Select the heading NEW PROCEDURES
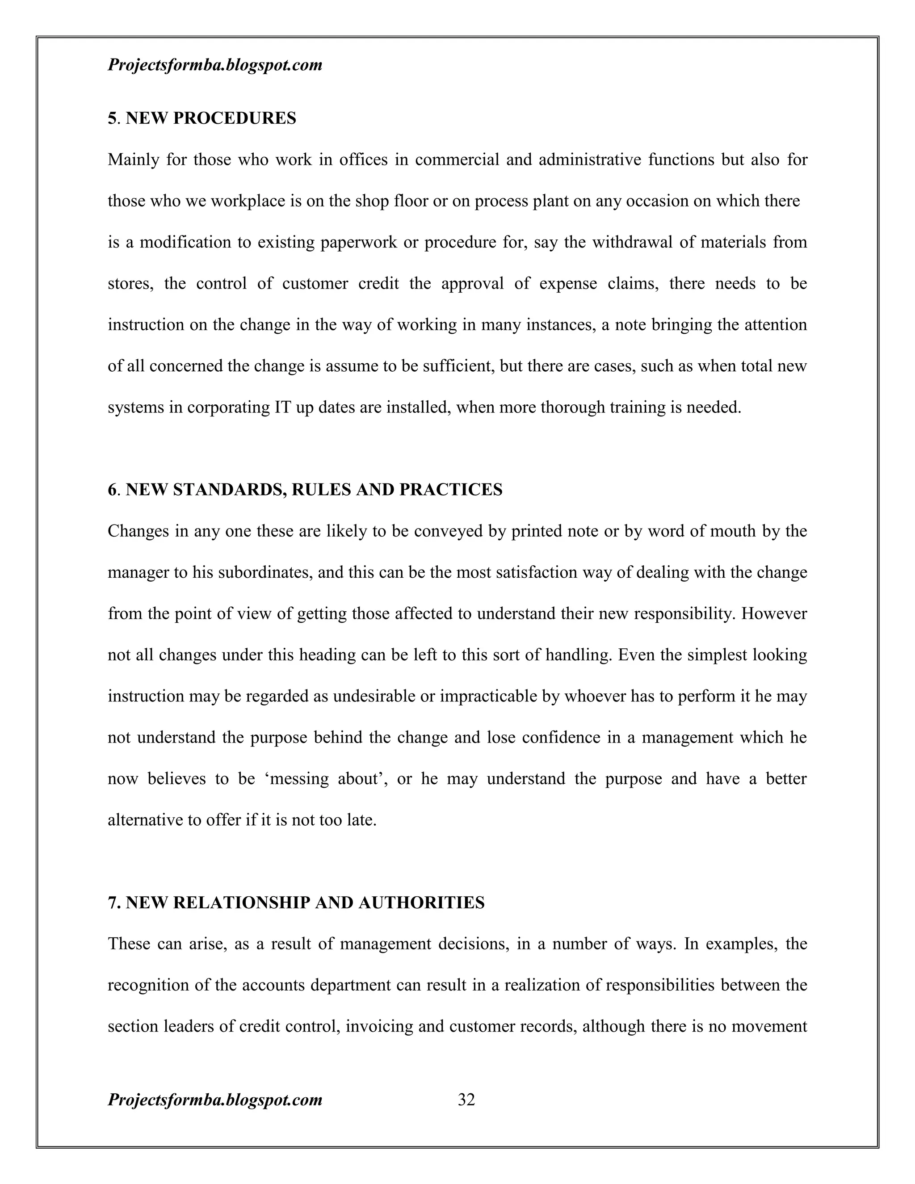point(211,118)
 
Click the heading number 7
point(113,903)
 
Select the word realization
point(541,985)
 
